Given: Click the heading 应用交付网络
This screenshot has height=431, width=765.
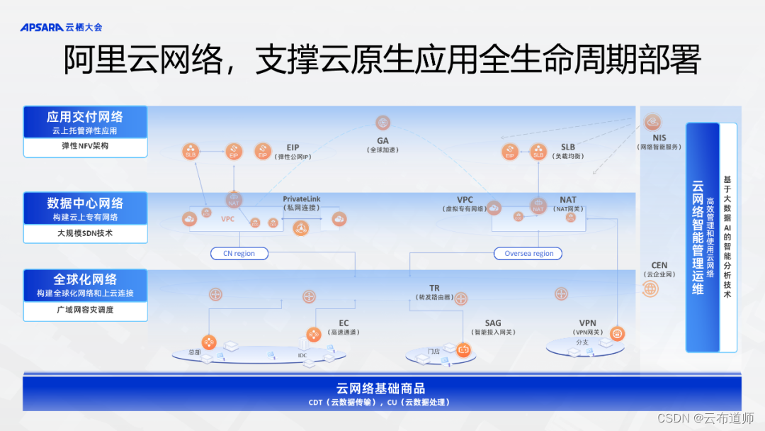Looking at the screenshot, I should (85, 117).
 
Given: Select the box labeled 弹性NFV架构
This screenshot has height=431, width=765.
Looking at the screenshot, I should (85, 147).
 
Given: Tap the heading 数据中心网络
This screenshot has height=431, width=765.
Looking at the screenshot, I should (85, 203).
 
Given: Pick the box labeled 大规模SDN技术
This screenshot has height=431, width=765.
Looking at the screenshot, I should (85, 233).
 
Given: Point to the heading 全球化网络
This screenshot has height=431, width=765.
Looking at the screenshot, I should (85, 279).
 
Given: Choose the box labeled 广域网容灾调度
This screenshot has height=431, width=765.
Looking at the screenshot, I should (85, 310).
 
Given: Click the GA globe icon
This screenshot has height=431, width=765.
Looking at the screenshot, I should (383, 123).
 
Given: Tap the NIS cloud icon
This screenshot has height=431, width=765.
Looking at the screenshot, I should (652, 122).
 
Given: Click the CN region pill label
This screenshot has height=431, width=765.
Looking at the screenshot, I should (239, 253).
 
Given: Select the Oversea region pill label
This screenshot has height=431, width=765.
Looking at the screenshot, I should (528, 253).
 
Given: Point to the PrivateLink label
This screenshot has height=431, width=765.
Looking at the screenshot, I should (302, 199).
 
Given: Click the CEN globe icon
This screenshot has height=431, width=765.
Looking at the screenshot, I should (650, 289).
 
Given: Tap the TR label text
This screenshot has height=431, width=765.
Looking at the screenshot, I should (434, 289).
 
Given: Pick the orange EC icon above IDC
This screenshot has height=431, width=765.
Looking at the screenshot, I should (313, 334).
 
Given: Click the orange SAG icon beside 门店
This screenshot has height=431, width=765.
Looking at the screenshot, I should (463, 349).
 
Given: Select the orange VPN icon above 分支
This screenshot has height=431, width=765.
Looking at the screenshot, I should (617, 333).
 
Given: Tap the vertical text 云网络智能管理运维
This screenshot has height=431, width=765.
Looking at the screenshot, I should (698, 237).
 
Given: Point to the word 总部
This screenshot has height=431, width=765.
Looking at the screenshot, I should (195, 352).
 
